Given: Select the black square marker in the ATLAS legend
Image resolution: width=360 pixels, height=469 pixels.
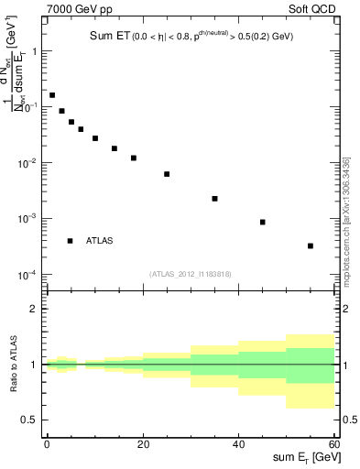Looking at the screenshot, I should (x=71, y=241).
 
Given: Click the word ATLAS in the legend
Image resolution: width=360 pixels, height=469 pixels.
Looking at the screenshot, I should (x=101, y=241).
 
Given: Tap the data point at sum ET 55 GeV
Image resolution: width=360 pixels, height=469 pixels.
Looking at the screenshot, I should (x=311, y=245).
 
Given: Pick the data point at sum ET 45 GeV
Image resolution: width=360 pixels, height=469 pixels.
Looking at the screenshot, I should (x=263, y=222).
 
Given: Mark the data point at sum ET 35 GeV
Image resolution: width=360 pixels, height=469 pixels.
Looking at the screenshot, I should (x=214, y=199).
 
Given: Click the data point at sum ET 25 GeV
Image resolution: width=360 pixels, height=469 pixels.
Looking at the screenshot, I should (x=167, y=174).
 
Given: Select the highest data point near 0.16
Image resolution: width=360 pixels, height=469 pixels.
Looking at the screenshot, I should (x=52, y=95).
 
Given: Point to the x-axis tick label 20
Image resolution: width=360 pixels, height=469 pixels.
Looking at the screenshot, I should (x=142, y=443).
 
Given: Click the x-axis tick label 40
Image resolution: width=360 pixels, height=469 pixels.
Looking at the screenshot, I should (x=238, y=443).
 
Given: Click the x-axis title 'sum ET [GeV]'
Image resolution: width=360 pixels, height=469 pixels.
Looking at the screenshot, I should (x=306, y=459).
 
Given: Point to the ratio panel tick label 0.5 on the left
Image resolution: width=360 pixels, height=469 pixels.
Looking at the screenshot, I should (x=31, y=420).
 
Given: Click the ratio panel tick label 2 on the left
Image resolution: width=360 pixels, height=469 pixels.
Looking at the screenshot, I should (x=35, y=309).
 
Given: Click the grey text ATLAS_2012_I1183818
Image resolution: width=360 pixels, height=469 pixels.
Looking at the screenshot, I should (x=189, y=273).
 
